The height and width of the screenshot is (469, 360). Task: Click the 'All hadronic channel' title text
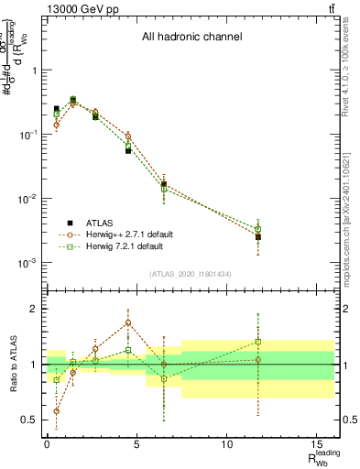191,38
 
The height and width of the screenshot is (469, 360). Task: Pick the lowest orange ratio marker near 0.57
56,411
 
